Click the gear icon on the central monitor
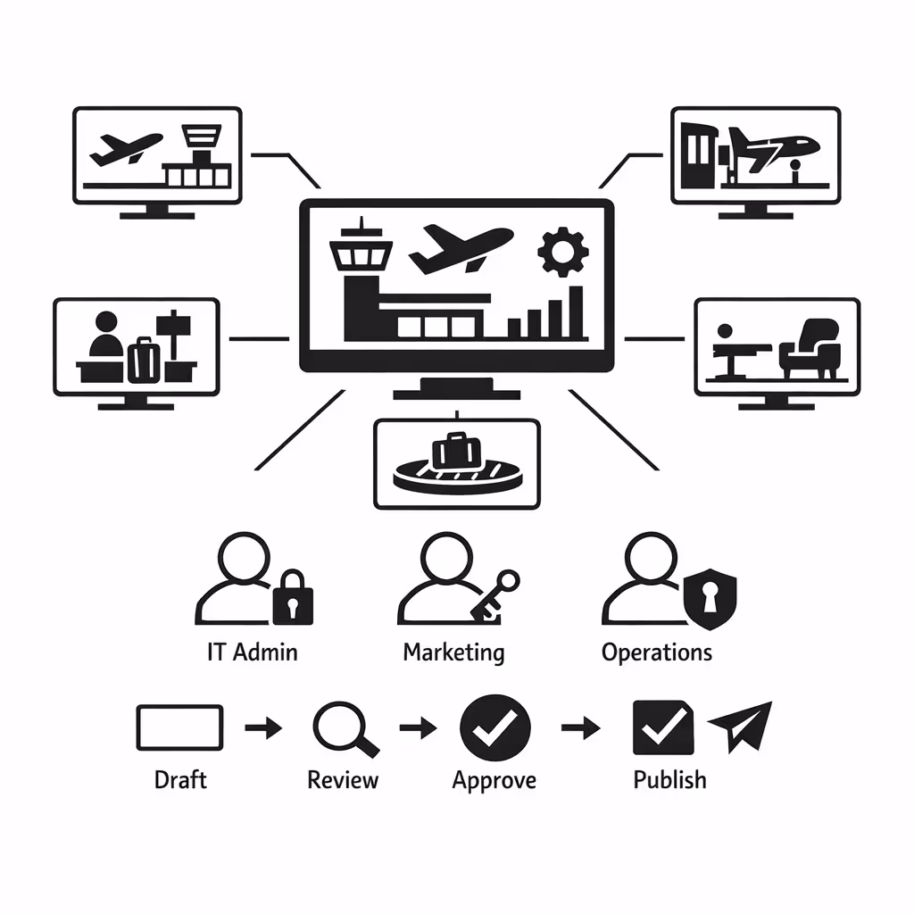tap(562, 251)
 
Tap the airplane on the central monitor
tap(461, 247)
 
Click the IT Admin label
tap(252, 652)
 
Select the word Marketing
tap(453, 652)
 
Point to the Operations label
tap(657, 652)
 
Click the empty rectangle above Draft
tap(179, 727)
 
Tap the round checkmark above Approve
tap(494, 728)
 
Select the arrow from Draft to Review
tap(263, 728)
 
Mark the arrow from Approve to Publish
tap(580, 728)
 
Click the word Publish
tap(669, 780)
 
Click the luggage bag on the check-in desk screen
tap(144, 358)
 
